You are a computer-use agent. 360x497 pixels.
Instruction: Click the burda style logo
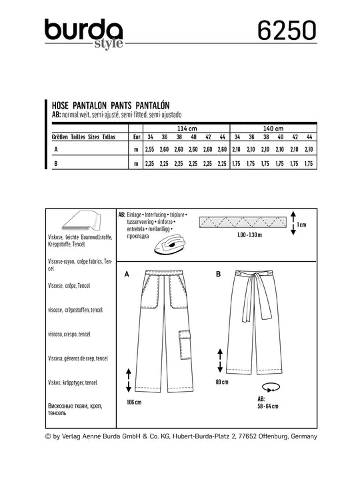(x=84, y=34)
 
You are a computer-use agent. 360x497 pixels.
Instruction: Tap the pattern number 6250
(x=287, y=31)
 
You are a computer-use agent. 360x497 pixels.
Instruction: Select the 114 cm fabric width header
(x=187, y=129)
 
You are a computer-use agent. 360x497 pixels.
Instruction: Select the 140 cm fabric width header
(x=273, y=129)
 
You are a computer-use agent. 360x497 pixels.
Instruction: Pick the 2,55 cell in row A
(x=149, y=149)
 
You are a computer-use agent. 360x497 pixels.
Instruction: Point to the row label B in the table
(x=56, y=163)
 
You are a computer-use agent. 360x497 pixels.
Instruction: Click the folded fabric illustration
(x=81, y=221)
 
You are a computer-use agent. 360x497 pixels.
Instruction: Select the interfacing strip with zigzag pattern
(x=243, y=223)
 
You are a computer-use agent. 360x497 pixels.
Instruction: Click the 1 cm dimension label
(x=301, y=225)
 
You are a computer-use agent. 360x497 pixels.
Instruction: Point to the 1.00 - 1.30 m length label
(x=249, y=235)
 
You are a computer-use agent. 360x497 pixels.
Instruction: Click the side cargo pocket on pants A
(x=184, y=345)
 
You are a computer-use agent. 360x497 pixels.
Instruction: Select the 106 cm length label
(x=134, y=402)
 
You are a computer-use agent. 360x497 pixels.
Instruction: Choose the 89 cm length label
(x=222, y=382)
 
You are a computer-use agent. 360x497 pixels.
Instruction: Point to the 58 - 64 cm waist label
(x=268, y=406)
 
